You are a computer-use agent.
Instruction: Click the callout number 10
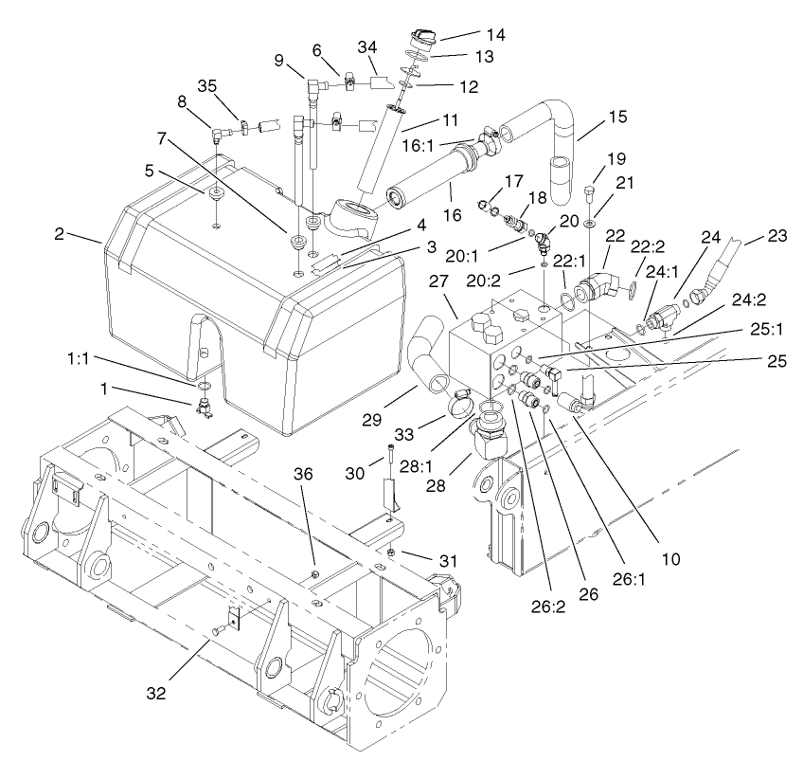click(x=671, y=560)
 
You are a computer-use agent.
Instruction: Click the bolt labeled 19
click(x=589, y=197)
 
